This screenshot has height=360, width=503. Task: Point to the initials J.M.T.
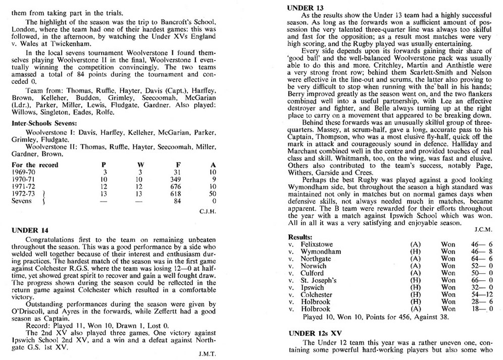(208, 354)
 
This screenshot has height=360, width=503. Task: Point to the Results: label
(300, 236)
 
